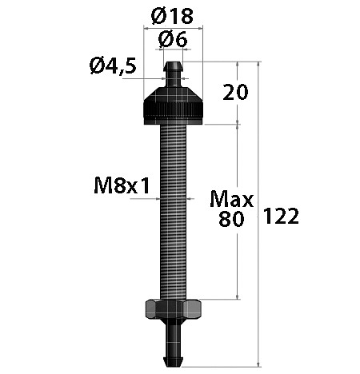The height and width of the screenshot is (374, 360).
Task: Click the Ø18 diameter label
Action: [x=172, y=16]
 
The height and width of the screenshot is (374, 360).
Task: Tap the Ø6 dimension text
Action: [x=173, y=40]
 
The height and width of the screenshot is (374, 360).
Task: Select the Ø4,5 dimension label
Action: [x=113, y=66]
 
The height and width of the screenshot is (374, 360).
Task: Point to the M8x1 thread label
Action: [x=122, y=185]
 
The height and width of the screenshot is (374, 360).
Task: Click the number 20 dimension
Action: [x=235, y=92]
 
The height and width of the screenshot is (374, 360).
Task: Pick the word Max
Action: [x=231, y=199]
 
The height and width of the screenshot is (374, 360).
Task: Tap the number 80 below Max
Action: [x=231, y=219]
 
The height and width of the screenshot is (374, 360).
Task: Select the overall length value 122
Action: [x=281, y=216]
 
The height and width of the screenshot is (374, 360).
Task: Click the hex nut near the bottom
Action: [x=173, y=309]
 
